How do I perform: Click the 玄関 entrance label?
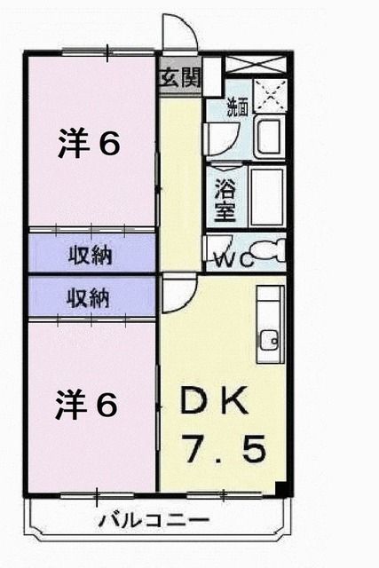180,77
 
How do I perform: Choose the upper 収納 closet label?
90,256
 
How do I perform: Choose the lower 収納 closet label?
90,298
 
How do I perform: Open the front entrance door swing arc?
183,35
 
